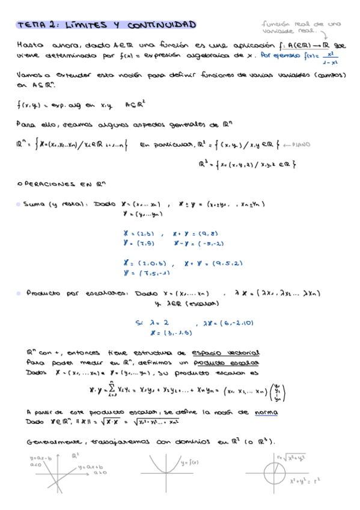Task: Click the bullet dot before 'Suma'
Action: click(x=19, y=204)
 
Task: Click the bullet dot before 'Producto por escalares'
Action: click(x=19, y=293)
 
